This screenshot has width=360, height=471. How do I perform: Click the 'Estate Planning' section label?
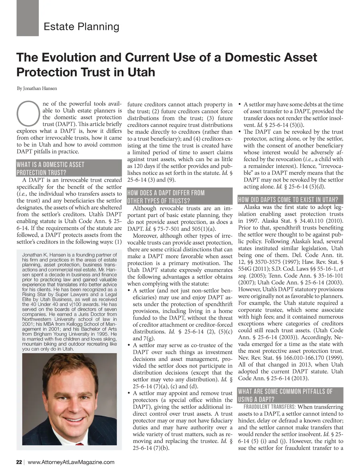(81, 27)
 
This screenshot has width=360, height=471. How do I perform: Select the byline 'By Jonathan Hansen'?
(37, 88)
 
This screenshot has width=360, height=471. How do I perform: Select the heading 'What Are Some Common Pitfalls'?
(285, 395)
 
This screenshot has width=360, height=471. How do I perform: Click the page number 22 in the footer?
(19, 462)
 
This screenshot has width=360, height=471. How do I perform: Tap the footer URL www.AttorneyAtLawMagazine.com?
(71, 462)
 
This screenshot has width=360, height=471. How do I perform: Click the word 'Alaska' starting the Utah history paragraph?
(252, 207)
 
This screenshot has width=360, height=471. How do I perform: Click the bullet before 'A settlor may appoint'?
(129, 393)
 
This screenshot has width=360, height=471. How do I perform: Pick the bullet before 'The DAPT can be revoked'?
(240, 132)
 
